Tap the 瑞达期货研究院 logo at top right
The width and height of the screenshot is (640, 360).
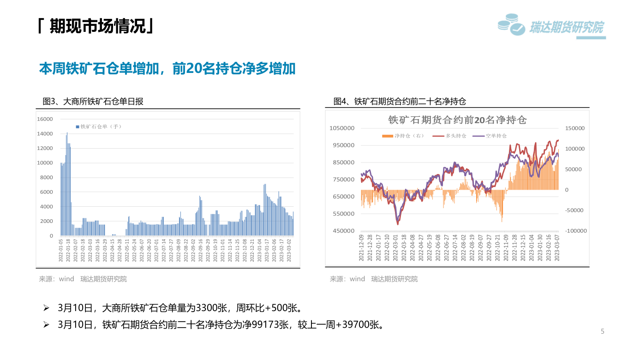551,27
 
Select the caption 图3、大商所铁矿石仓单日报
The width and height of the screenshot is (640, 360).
93,102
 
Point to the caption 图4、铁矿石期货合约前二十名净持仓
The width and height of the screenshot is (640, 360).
400,102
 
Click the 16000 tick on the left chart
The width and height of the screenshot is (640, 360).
45,119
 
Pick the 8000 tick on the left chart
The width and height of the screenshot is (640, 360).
47,178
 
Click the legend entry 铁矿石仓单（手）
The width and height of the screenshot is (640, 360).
98,126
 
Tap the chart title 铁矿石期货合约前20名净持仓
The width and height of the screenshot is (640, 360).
457,120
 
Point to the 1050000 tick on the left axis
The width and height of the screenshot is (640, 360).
342,128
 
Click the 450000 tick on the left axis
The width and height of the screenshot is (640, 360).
343,231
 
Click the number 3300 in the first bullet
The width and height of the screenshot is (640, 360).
204,307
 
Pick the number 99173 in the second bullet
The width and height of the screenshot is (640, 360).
269,324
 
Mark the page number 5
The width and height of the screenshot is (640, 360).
602,331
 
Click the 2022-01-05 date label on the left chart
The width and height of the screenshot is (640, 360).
61,251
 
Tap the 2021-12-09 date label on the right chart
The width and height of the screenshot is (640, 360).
361,248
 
